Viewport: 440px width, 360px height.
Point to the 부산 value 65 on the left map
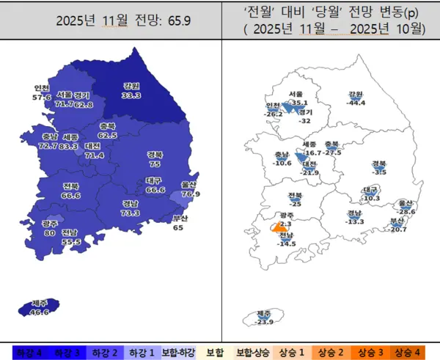coord(178,227)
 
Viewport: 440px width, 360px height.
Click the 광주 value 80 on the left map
coord(49,233)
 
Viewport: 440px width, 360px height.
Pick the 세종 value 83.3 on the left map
coord(70,146)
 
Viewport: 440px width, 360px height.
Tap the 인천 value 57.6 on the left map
coord(42,97)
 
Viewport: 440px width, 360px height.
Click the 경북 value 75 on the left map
coord(155,164)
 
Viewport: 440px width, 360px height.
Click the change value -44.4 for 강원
coord(356,103)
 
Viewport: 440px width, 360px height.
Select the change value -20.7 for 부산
coord(398,229)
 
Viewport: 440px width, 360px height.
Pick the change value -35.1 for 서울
coord(298,103)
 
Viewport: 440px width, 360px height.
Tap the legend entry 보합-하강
coord(179,353)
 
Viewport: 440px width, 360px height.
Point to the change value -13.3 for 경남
coord(356,221)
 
